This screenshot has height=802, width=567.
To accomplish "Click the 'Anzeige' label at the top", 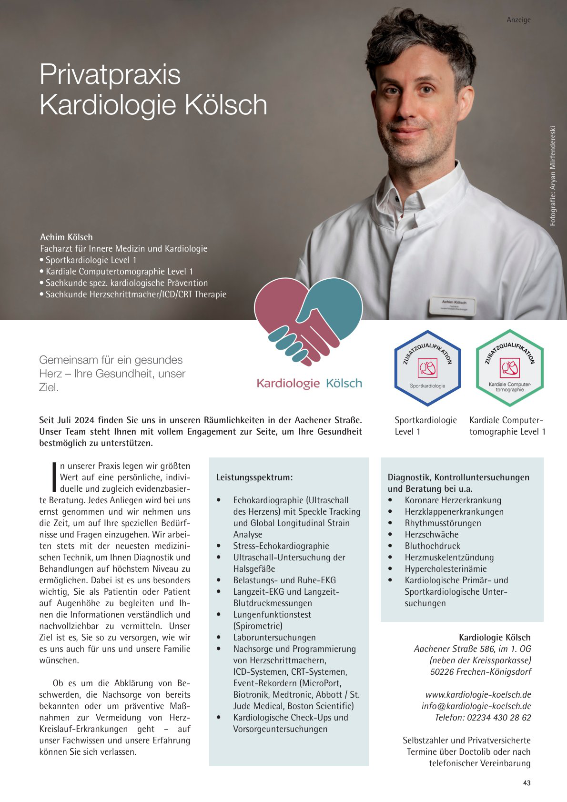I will [x=518, y=20].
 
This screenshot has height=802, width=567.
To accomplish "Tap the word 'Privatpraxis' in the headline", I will [x=110, y=74].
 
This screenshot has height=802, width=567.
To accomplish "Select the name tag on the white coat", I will [x=454, y=305].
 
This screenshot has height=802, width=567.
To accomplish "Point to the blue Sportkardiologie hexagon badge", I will [x=427, y=368].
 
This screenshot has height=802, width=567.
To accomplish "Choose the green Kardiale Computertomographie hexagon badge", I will [x=509, y=368].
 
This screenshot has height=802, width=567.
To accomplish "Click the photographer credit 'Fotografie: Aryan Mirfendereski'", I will [x=553, y=176].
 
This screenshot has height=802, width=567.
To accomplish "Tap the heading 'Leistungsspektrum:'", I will [x=254, y=477].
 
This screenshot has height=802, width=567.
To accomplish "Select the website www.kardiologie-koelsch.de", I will [x=478, y=694].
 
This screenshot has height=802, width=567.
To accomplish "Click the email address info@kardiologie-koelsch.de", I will [x=476, y=706].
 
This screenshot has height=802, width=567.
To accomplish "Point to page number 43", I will [x=526, y=783].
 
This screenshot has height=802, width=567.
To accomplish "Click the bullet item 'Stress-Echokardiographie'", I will [x=281, y=546].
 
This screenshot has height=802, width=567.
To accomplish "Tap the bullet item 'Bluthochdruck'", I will [x=432, y=546].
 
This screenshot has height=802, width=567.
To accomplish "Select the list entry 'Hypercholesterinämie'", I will [x=445, y=569].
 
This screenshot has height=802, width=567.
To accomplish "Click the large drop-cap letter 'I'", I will [x=54, y=477].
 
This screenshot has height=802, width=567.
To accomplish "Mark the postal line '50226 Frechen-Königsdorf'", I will [x=480, y=671].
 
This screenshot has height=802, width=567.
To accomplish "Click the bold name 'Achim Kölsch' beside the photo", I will [x=66, y=237].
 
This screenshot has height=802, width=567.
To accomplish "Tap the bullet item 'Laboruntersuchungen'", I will [x=274, y=637].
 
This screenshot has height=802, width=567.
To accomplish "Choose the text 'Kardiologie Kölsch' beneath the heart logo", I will [x=309, y=383].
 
